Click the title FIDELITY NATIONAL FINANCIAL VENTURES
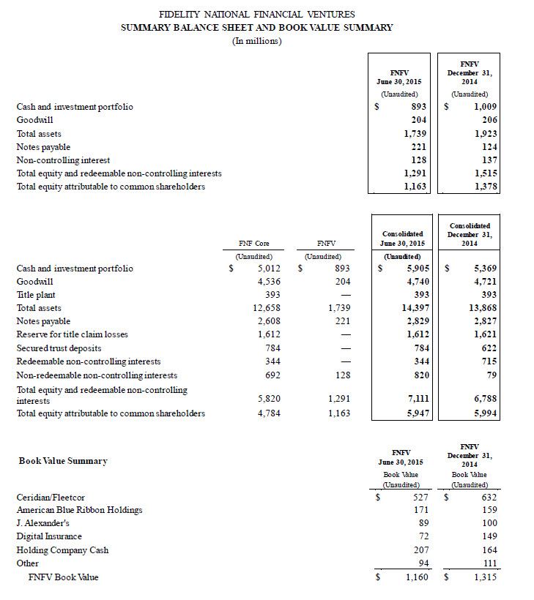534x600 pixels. click(x=256, y=14)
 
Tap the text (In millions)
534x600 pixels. click(x=256, y=40)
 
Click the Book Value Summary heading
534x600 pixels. click(x=63, y=461)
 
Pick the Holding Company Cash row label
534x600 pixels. click(x=62, y=550)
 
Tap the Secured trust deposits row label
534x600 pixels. click(x=59, y=348)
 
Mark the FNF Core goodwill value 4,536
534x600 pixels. click(x=259, y=282)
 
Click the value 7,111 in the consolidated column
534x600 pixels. click(x=415, y=400)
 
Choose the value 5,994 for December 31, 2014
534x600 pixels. click(x=485, y=413)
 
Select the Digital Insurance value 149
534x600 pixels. click(x=489, y=536)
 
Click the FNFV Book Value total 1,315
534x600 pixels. click(x=485, y=577)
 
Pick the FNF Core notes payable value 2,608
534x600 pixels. click(x=259, y=321)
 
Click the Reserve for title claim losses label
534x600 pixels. click(x=72, y=334)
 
